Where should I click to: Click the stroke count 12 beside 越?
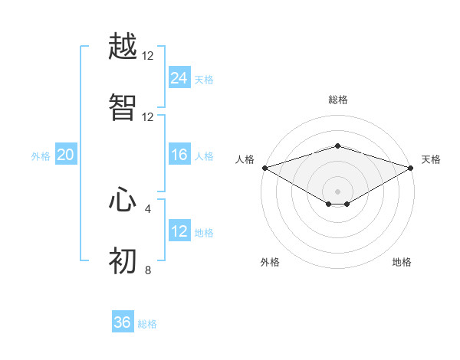[148, 56]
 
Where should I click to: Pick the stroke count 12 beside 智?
[148, 117]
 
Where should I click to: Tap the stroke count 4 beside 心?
[148, 208]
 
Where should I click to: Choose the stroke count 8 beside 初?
[148, 270]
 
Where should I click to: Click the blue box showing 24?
[179, 77]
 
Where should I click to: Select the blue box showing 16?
[179, 155]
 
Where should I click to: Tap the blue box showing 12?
[179, 231]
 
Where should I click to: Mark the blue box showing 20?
[65, 155]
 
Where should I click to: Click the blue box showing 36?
[123, 322]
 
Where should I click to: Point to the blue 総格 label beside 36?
[147, 324]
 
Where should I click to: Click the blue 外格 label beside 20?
[41, 156]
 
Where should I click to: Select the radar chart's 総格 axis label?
[337, 100]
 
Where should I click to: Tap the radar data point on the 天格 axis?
[411, 167]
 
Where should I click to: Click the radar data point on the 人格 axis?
[264, 167]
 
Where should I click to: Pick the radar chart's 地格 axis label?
[402, 262]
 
